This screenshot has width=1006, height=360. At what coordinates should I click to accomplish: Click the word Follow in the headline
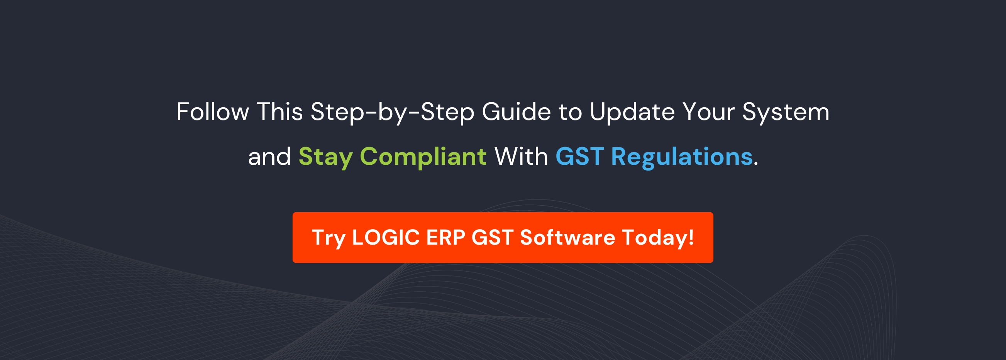[x=212, y=112]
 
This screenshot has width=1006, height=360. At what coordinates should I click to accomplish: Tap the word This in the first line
[x=279, y=112]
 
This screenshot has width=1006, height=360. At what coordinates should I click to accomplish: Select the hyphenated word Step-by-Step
[x=392, y=112]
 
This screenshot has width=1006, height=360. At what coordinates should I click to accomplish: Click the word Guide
[x=516, y=112]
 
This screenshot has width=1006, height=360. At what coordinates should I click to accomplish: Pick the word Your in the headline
[x=708, y=112]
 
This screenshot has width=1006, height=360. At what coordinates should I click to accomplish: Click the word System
[x=786, y=112]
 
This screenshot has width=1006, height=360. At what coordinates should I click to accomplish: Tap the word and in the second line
[x=269, y=157]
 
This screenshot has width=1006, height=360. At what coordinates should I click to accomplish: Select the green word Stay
[x=325, y=157]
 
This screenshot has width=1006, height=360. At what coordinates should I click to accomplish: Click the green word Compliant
[x=423, y=157]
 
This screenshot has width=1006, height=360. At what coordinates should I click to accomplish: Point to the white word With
[x=521, y=157]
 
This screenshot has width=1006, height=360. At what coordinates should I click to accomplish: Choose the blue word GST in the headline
[x=579, y=157]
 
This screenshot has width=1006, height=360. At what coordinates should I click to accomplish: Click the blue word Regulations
[x=681, y=157]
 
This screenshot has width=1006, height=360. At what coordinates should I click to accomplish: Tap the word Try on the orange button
[x=329, y=237]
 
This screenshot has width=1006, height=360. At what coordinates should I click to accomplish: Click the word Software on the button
[x=567, y=237]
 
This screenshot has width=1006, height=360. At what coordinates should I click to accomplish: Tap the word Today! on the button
[x=658, y=237]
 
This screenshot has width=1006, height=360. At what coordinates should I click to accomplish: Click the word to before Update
[x=570, y=112]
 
